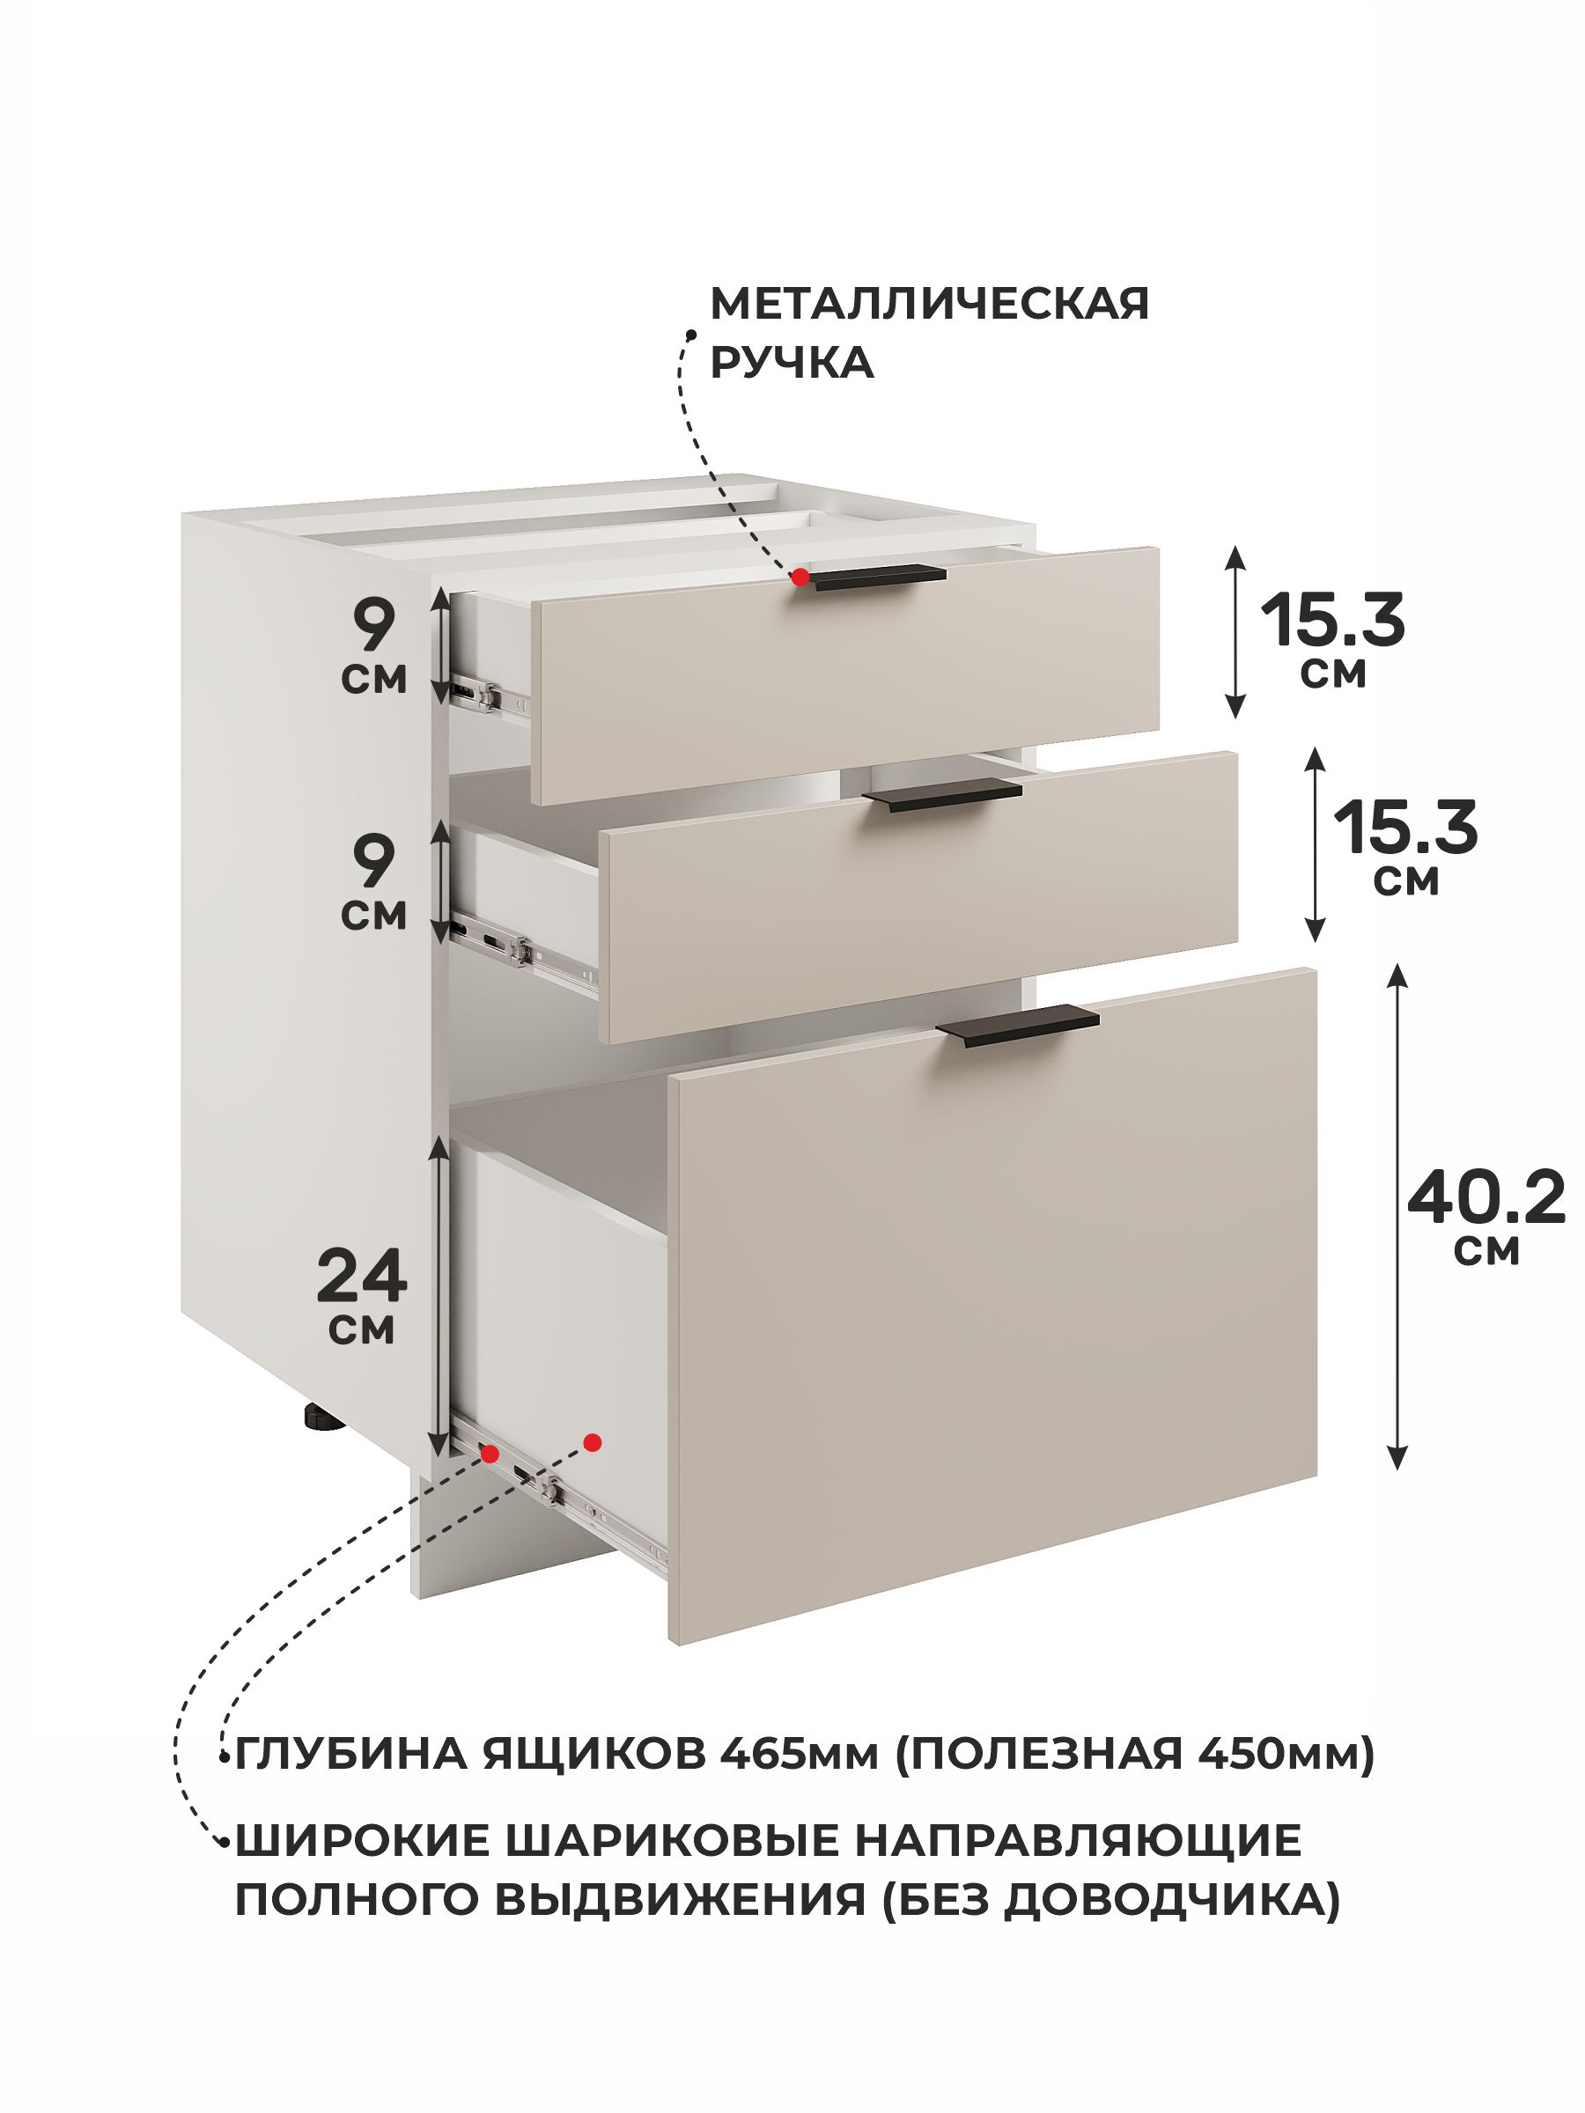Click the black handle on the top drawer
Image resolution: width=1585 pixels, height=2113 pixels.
pyautogui.click(x=877, y=578)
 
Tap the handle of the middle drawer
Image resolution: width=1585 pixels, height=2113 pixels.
pyautogui.click(x=942, y=794)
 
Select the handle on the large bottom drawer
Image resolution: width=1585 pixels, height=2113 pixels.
pyautogui.click(x=1018, y=1026)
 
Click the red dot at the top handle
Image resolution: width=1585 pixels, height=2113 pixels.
pyautogui.click(x=800, y=577)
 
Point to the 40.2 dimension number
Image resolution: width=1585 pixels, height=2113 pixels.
pyautogui.click(x=1485, y=1196)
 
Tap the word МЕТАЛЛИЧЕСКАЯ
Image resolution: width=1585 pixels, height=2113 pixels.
pyautogui.click(x=930, y=304)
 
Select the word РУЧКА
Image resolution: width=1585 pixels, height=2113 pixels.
pyautogui.click(x=792, y=363)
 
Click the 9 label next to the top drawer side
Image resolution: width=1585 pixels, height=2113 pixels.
pyautogui.click(x=373, y=626)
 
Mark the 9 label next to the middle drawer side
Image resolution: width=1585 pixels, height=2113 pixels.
pyautogui.click(x=373, y=861)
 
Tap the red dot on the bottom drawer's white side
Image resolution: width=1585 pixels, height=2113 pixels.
pyautogui.click(x=593, y=1441)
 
